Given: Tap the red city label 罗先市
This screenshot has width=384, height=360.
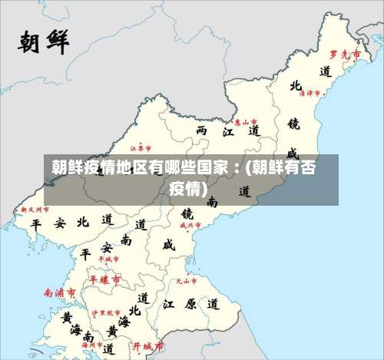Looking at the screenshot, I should tap(345, 54).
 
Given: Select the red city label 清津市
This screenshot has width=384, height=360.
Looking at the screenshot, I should tap(312, 93).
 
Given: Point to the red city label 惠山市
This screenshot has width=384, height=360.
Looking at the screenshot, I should tap(246, 121).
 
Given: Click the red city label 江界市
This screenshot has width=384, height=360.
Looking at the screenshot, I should tap(141, 147).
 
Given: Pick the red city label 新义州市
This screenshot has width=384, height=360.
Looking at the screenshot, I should tap(34, 209).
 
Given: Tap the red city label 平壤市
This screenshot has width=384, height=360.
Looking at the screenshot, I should tap(104, 280).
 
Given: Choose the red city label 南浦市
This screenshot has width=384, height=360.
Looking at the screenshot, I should tap(60, 292).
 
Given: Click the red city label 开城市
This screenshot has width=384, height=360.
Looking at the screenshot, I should tap(147, 345).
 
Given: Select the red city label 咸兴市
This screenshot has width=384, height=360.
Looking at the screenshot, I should tap(189, 226).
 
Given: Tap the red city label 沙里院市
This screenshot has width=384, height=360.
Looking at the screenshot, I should tap(107, 312).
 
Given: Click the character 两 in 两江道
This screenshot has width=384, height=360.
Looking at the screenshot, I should tap(202, 131).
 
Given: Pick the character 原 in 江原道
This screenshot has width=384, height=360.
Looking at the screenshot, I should tap(190, 304).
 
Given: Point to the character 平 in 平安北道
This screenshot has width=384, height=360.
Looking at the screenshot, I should tap(35, 223).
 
